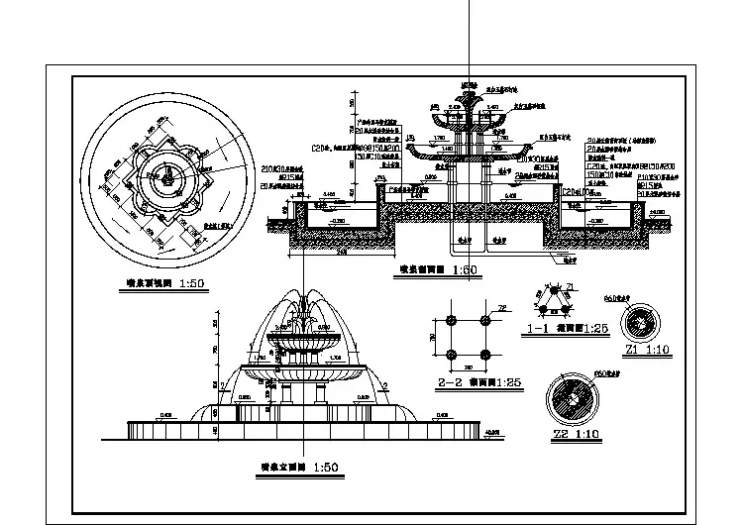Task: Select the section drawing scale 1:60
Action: pyautogui.click(x=429, y=269)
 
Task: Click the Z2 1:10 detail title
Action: pyautogui.click(x=575, y=433)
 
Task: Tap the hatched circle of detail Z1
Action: pyautogui.click(x=641, y=322)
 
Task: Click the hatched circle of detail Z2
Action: pyautogui.click(x=576, y=397)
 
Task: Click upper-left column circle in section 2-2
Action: pyautogui.click(x=451, y=320)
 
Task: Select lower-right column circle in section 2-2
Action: pyautogui.click(x=485, y=356)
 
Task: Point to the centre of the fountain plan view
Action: pyautogui.click(x=168, y=181)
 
